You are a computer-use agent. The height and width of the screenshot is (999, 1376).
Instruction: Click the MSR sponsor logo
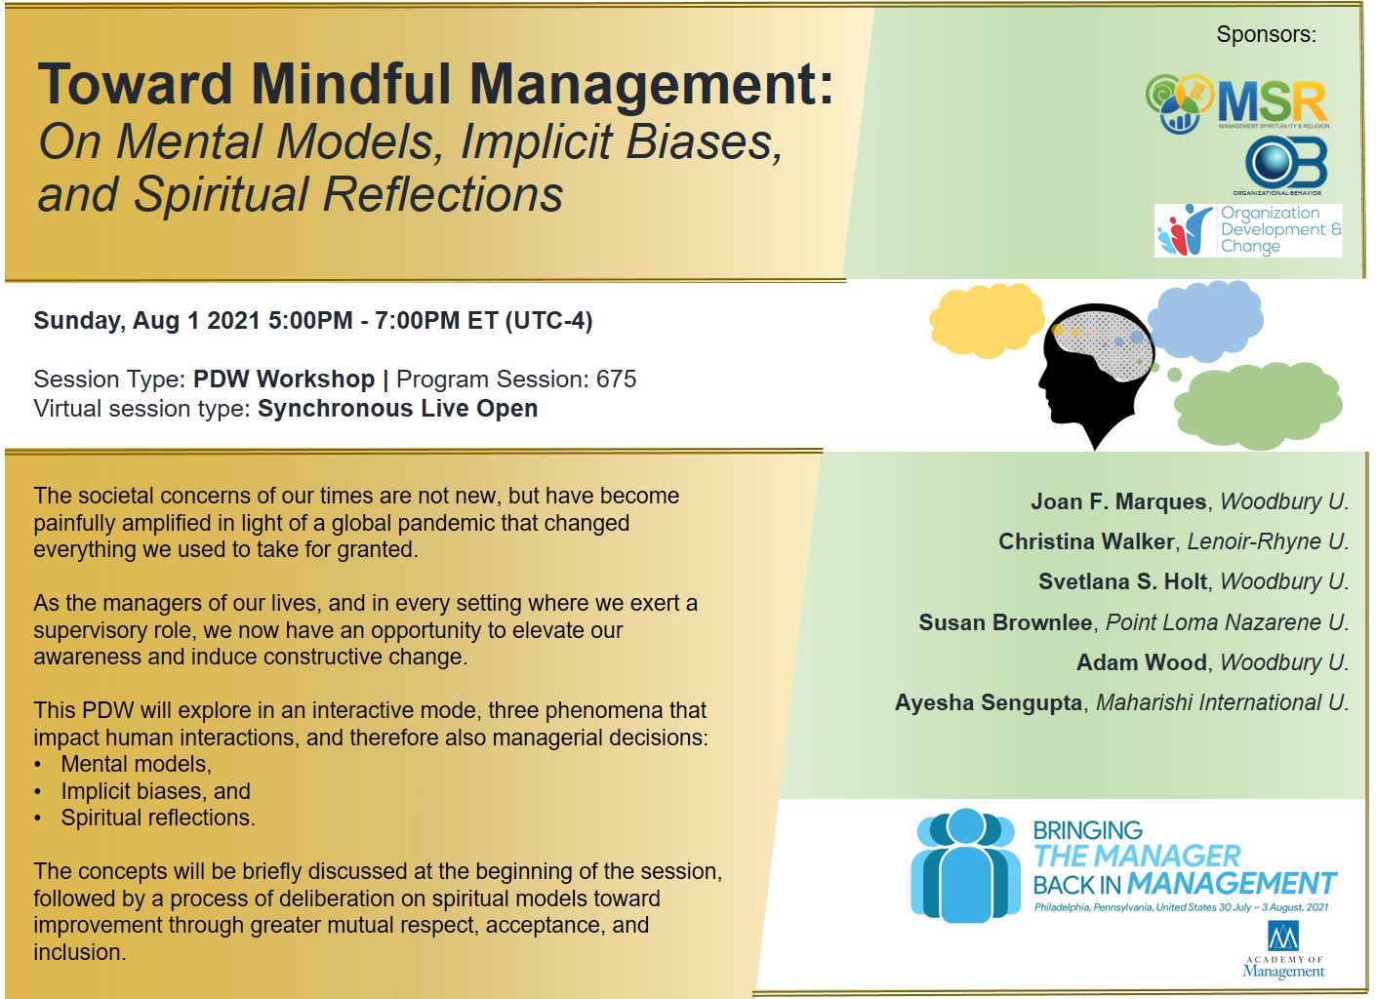coord(1236,103)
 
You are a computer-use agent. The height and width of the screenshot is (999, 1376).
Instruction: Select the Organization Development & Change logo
coord(1247,230)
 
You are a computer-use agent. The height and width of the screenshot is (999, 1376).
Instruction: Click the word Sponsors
coord(1266,34)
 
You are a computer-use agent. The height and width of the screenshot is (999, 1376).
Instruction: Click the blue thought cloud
coord(1205,321)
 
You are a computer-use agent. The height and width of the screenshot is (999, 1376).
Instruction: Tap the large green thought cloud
coord(1258,406)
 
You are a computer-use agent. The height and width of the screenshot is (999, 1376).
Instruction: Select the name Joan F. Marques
coord(1118,501)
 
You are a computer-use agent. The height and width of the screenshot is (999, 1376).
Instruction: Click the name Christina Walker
coord(1086,541)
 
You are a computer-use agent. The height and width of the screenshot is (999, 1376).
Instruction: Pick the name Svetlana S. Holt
coord(1122,581)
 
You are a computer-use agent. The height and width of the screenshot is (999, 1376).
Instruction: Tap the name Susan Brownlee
coord(1005,622)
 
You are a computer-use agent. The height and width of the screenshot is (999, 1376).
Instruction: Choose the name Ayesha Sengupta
coord(988,703)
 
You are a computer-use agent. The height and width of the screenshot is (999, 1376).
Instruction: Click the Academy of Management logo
coord(1283,950)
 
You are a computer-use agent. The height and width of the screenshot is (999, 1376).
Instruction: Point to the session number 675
coord(616,380)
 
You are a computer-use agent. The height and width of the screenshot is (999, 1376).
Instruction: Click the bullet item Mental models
coord(137,765)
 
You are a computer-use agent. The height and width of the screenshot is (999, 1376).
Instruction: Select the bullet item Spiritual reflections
coord(158,819)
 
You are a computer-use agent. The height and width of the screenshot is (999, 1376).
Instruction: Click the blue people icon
coord(965,865)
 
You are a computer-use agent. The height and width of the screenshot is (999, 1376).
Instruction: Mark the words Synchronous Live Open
coord(397,409)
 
